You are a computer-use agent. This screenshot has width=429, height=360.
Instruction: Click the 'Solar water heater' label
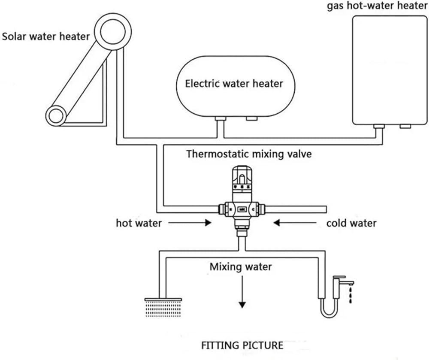point(46,36)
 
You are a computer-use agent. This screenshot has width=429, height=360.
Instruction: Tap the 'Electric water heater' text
point(234,83)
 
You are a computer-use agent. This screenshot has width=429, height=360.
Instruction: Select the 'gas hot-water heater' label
point(377,7)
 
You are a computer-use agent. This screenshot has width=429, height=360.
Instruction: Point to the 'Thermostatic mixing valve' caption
point(249,154)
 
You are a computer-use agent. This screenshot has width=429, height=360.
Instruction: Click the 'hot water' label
point(139,223)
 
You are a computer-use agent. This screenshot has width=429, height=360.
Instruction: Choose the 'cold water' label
point(351,223)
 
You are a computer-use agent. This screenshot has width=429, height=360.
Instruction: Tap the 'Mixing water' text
point(241,267)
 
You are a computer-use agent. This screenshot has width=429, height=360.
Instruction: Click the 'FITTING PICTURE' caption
point(242,345)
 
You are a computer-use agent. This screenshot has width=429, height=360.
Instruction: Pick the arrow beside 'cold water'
point(295,223)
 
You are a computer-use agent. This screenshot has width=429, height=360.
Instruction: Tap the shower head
point(163,306)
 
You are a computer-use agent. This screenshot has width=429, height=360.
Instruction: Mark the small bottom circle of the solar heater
point(56,115)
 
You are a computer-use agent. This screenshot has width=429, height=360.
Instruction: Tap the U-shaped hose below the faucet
point(329,311)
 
